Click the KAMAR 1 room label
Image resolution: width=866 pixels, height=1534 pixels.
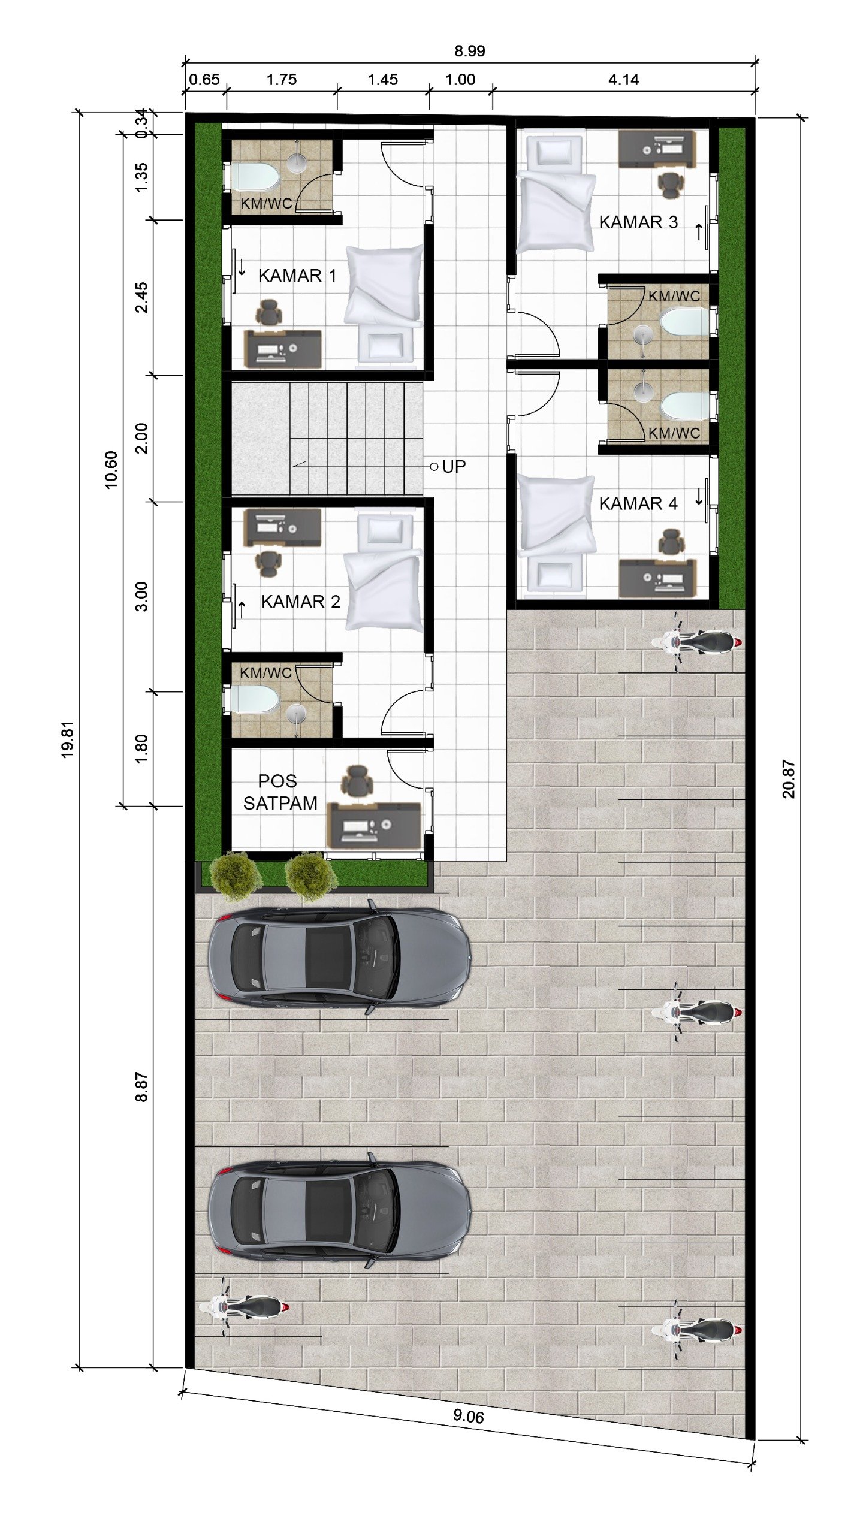coord(297,276)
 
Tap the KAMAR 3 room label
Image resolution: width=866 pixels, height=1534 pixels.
coord(638,222)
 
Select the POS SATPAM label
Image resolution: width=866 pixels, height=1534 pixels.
coord(279,792)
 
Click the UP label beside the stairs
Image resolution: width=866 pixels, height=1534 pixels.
coord(454,467)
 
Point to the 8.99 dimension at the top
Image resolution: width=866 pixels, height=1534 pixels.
coord(469,51)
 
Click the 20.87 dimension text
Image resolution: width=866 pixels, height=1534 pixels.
coord(789,779)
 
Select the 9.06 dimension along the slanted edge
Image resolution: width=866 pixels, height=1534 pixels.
coord(468,1416)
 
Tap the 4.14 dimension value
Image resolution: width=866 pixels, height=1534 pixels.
coord(623,80)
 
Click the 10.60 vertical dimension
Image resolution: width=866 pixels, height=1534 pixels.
coord(111,470)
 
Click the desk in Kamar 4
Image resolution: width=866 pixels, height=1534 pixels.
coord(657,578)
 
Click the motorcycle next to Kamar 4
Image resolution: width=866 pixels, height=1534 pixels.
coord(696,642)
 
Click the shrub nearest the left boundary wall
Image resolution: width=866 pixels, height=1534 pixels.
coord(236,876)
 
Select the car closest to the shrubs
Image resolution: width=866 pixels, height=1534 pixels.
coord(339,958)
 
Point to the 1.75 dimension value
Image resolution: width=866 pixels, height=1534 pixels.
coord(282,80)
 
